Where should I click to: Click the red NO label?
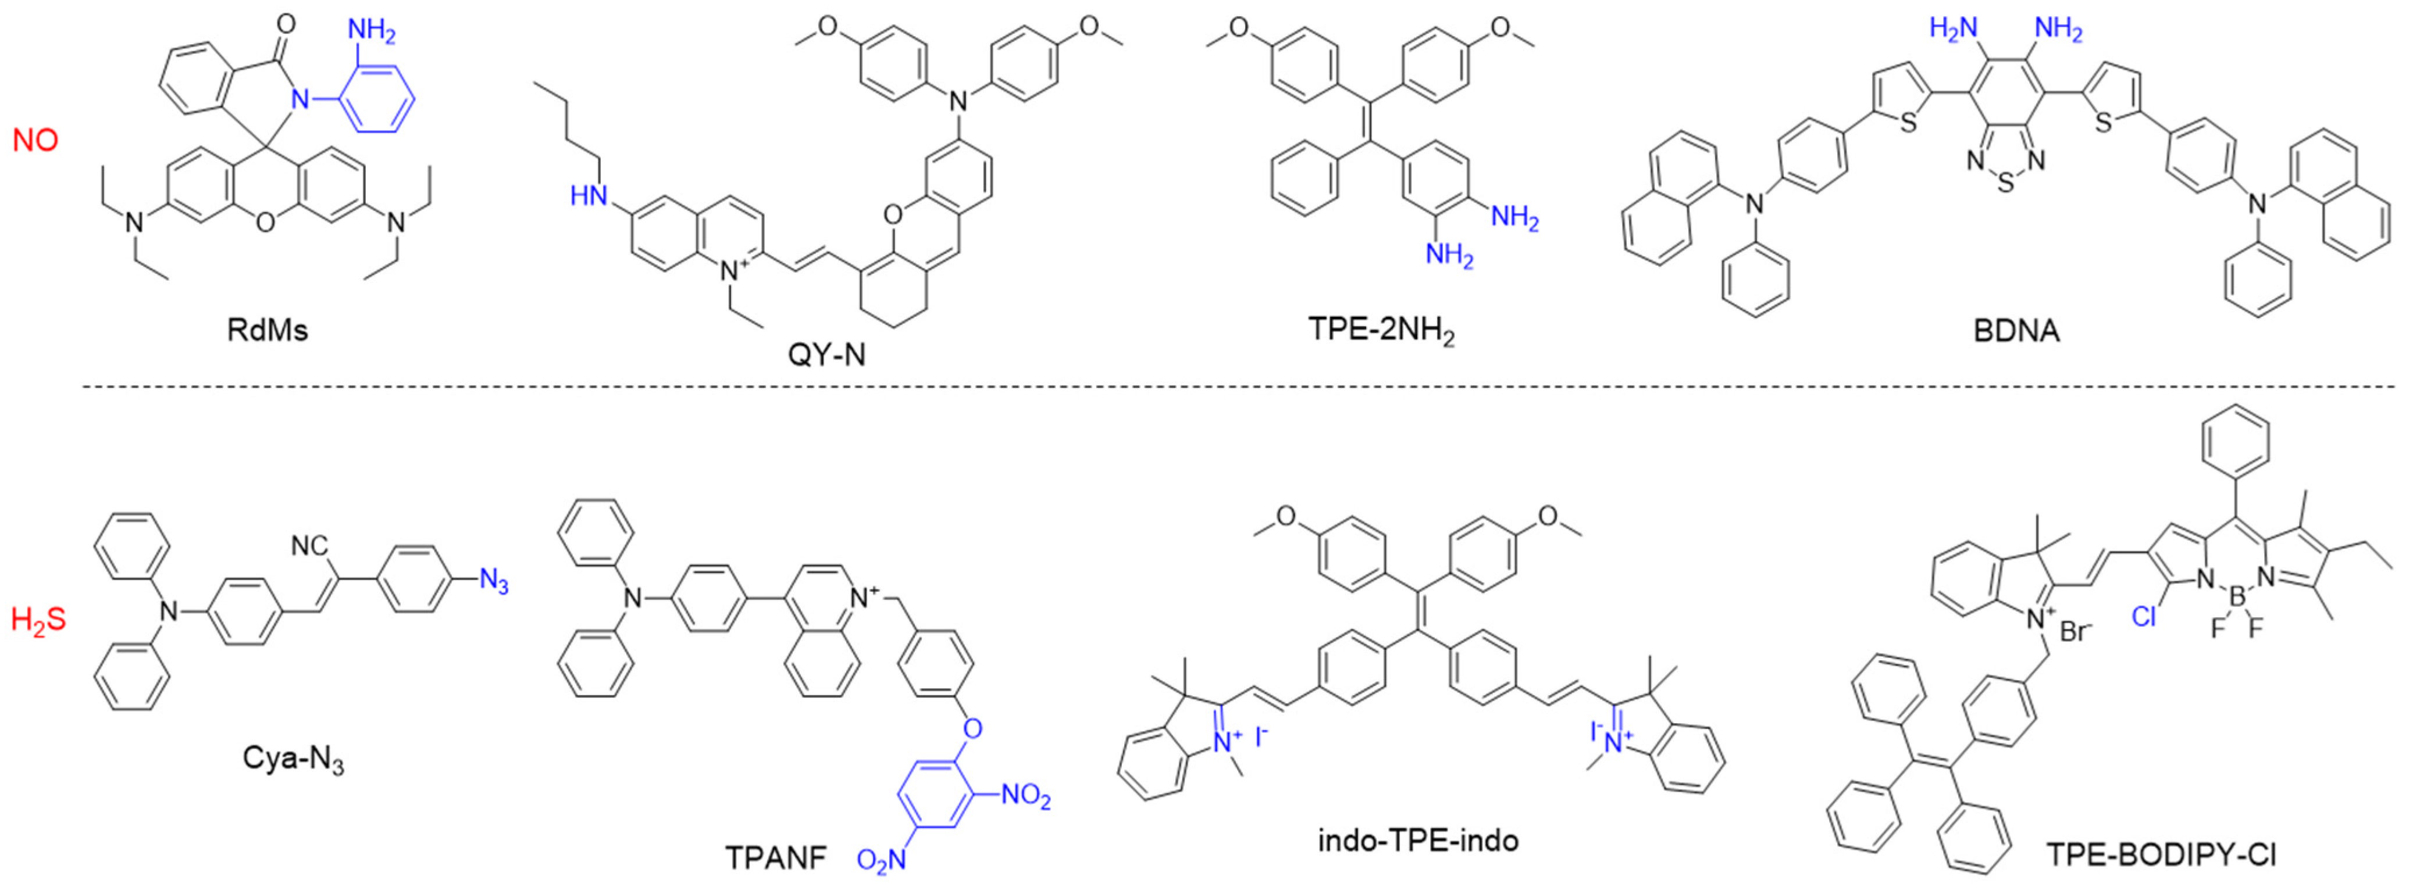(35, 141)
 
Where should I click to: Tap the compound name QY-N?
(826, 354)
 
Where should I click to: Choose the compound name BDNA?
(2016, 330)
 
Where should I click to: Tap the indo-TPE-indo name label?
(1418, 840)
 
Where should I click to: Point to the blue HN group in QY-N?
(587, 196)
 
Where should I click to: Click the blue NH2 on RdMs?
(372, 31)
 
